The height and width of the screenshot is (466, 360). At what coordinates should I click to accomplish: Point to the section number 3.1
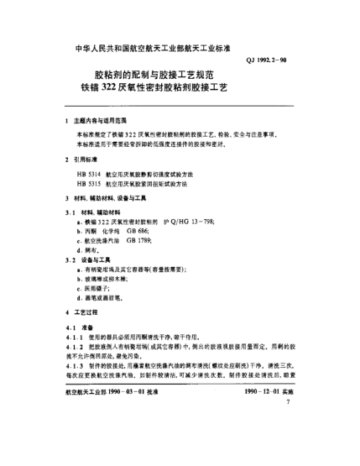point(68,210)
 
